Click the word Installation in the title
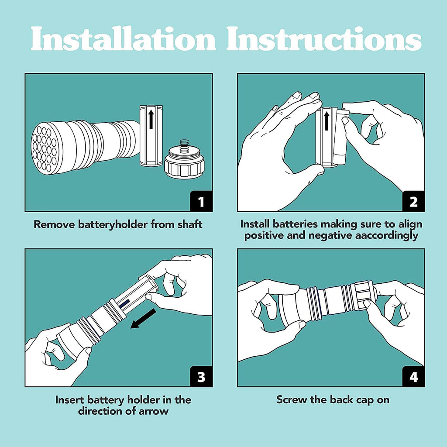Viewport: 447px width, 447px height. pyautogui.click(x=123, y=38)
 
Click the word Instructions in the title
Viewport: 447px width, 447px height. pyautogui.click(x=324, y=38)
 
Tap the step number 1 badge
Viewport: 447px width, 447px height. pyautogui.click(x=201, y=201)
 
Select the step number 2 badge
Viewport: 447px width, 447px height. pyautogui.click(x=413, y=201)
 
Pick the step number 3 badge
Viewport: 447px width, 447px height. pyautogui.click(x=201, y=376)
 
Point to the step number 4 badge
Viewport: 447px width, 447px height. pyautogui.click(x=413, y=376)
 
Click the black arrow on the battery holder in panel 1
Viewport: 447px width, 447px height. pyautogui.click(x=151, y=119)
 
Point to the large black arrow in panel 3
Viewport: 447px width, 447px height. pyautogui.click(x=143, y=318)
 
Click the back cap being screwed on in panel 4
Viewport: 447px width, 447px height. pyautogui.click(x=364, y=296)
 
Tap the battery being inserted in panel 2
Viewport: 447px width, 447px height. pyautogui.click(x=341, y=137)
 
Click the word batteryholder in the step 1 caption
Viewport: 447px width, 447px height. pyautogui.click(x=113, y=224)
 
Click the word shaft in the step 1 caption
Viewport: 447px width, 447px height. pyautogui.click(x=190, y=224)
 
